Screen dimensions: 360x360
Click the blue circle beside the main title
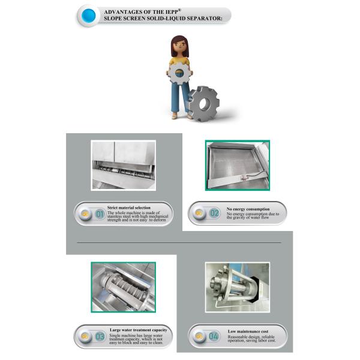(89, 15)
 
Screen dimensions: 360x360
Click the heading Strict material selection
(128, 208)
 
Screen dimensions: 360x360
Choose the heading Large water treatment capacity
(138, 330)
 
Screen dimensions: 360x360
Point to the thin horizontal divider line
(180, 242)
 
